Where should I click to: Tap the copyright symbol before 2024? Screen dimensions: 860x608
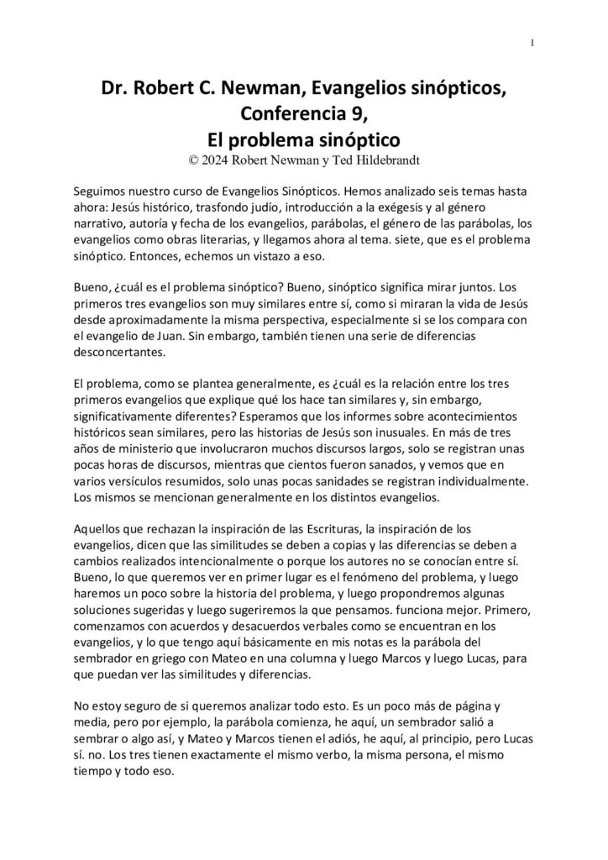coord(196,156)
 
